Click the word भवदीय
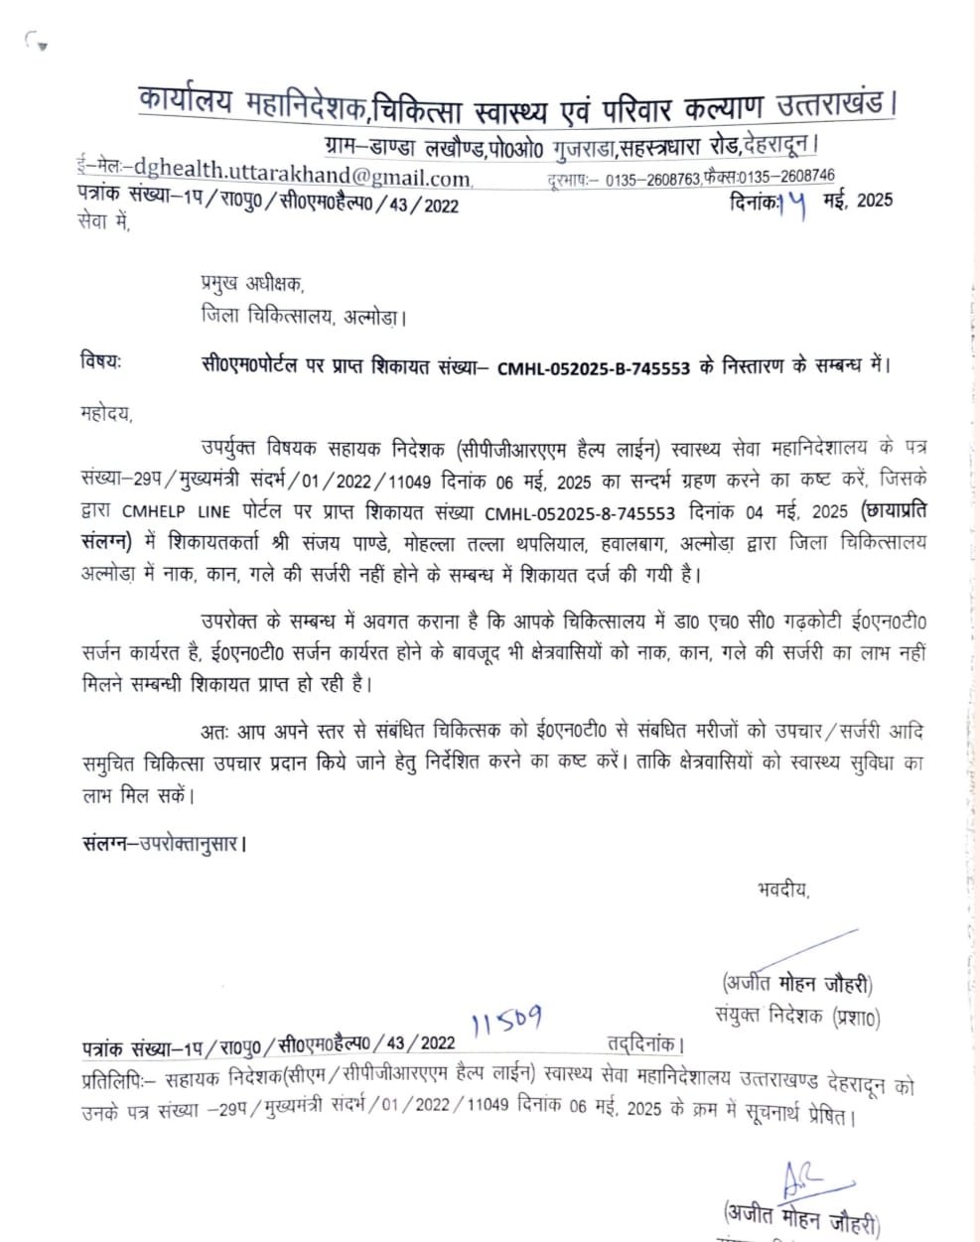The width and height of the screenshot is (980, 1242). (x=781, y=890)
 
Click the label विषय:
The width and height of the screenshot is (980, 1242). (x=100, y=362)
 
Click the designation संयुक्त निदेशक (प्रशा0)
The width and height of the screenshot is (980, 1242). (x=796, y=1016)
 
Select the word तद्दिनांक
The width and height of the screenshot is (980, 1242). (x=644, y=1043)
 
